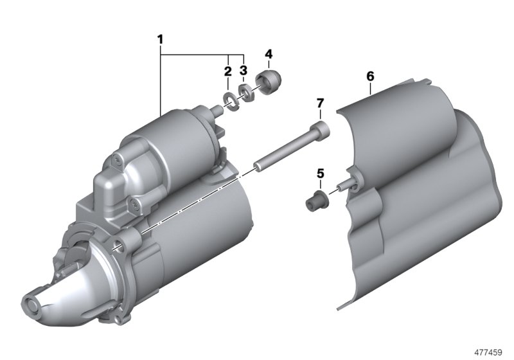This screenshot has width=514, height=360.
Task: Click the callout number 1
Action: [160, 40]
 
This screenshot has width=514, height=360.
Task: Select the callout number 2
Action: [228, 71]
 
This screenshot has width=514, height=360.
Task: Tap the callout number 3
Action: [244, 70]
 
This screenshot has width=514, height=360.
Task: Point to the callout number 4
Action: [269, 54]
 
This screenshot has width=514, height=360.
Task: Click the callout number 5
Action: [320, 173]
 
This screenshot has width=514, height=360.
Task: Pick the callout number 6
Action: [370, 76]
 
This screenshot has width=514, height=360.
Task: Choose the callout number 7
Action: [320, 104]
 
